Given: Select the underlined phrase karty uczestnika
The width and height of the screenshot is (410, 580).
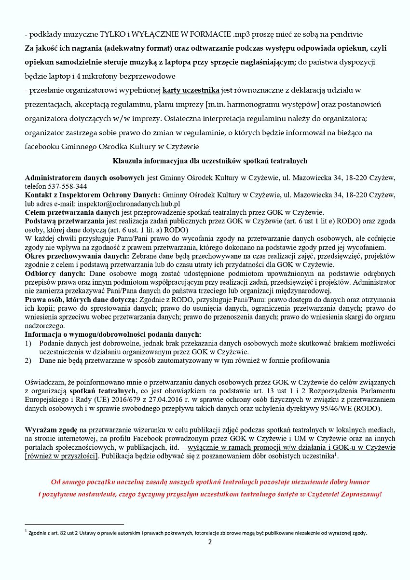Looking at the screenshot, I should pyautogui.click(x=191, y=90).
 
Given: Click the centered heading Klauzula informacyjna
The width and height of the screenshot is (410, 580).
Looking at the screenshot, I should pyautogui.click(x=209, y=161).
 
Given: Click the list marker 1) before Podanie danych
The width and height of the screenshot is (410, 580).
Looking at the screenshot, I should pyautogui.click(x=28, y=343).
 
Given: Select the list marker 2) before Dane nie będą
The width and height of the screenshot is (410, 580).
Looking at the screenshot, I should pyautogui.click(x=28, y=360).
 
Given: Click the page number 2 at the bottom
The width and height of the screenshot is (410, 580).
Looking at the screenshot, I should pyautogui.click(x=210, y=541).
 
